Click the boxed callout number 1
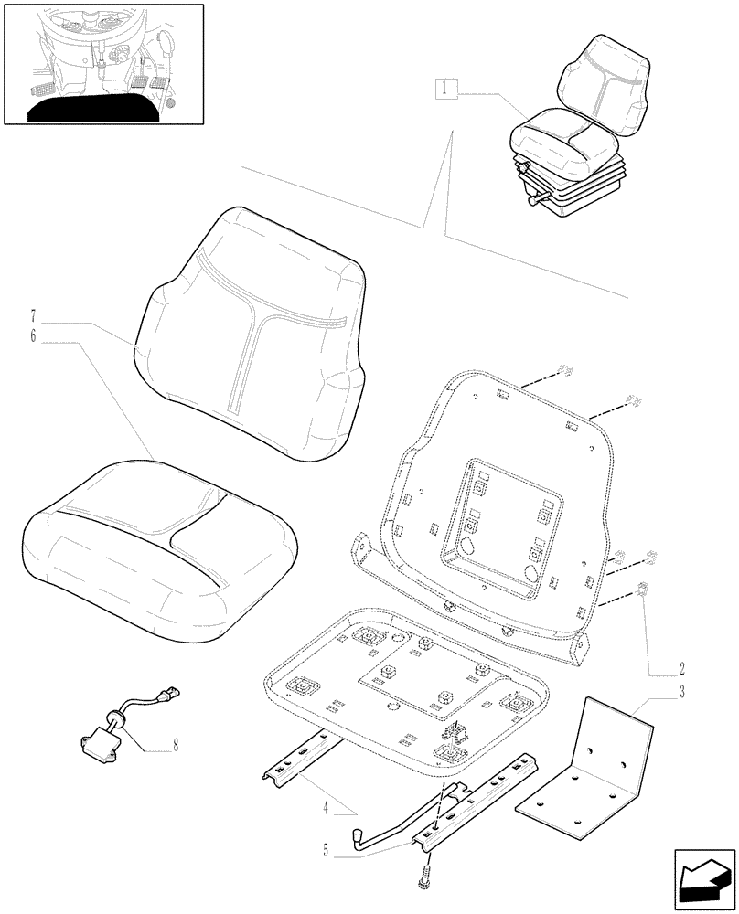coord(444,89)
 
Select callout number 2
coord(681,668)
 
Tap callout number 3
coord(681,692)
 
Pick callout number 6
coord(33,337)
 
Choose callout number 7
coord(33,321)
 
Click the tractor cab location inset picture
coord(102,63)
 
